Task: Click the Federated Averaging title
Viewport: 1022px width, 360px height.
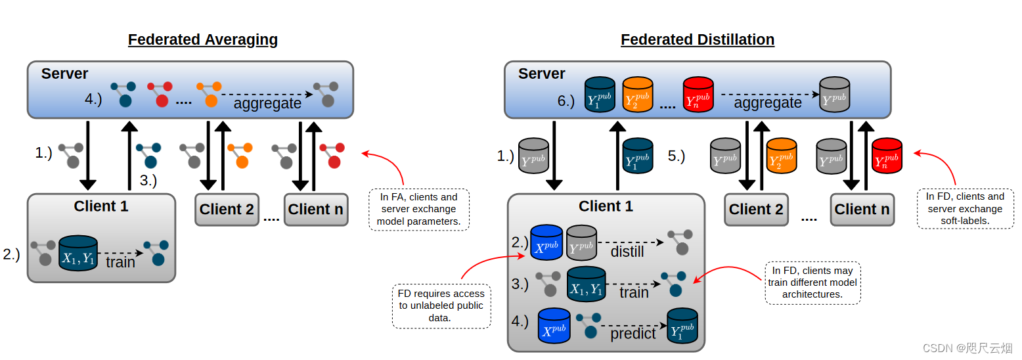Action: coord(202,39)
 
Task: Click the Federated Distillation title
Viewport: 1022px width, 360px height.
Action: coord(698,39)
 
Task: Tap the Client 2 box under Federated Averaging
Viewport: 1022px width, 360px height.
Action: coord(227,210)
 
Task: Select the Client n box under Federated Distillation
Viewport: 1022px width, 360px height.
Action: coord(862,210)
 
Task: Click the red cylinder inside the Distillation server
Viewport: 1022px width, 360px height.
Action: coord(698,95)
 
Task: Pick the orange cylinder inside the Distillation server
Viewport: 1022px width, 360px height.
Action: coord(637,95)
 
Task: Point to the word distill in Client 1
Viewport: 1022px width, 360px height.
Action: coord(627,252)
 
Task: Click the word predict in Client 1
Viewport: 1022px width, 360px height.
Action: coord(633,334)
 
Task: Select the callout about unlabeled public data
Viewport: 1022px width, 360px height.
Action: coord(441,305)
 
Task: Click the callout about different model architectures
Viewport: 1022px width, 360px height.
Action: coord(812,282)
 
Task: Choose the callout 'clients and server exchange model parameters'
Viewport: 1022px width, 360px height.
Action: coord(419,210)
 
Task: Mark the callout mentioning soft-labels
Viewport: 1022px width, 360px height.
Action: coord(965,208)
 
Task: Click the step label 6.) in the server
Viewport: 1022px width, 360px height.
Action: coord(566,101)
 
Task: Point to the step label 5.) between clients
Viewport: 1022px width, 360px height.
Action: coord(676,156)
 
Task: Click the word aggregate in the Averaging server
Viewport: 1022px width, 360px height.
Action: coord(267,104)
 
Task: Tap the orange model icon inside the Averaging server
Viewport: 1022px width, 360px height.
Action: coord(210,94)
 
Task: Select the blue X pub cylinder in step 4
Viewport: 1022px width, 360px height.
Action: coord(554,326)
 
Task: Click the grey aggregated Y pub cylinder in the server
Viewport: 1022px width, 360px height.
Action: coord(835,95)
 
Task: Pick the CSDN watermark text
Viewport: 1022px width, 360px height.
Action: coord(967,348)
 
